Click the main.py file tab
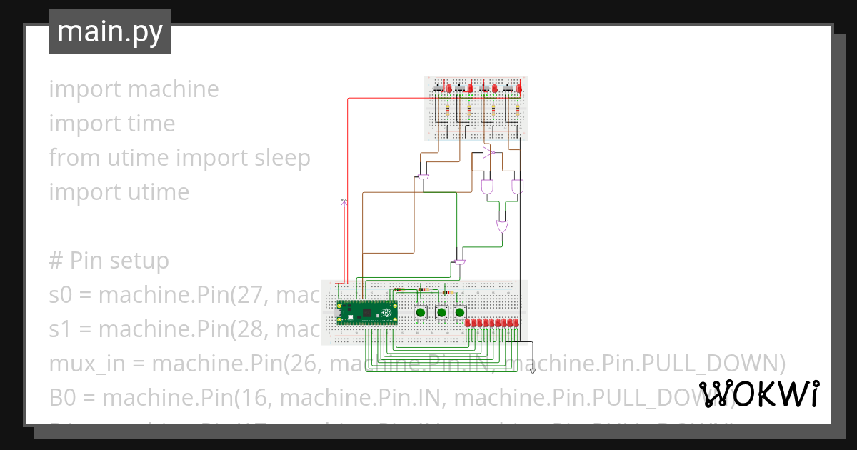(110, 31)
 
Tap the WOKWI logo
(758, 394)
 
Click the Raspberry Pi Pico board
(366, 312)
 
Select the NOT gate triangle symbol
(487, 153)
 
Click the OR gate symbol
(503, 227)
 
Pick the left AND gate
(487, 187)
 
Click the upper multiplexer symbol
(423, 176)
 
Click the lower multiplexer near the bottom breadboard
(460, 263)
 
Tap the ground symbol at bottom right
(533, 371)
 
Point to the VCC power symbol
(344, 201)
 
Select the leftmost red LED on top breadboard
(449, 88)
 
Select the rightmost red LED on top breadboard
(520, 88)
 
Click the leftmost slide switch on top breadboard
(439, 89)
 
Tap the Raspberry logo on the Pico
(386, 313)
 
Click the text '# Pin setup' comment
(109, 261)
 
